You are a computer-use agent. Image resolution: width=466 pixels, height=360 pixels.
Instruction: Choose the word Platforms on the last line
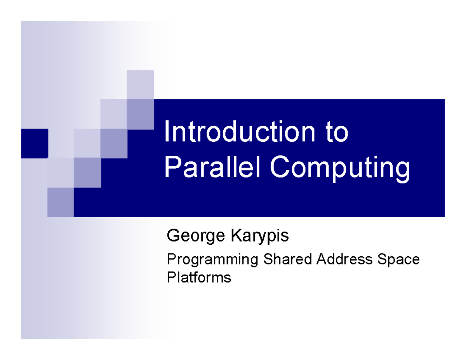tap(198, 278)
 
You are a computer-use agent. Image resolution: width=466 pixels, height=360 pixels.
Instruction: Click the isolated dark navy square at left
tap(35, 143)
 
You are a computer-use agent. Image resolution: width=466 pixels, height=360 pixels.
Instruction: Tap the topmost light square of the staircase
tap(140, 84)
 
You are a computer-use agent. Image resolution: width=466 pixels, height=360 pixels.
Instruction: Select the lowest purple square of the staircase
tap(61, 202)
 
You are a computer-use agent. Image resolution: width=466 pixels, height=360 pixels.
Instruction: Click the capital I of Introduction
tap(166, 132)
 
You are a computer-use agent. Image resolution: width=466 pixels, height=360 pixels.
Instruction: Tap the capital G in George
tap(172, 235)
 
